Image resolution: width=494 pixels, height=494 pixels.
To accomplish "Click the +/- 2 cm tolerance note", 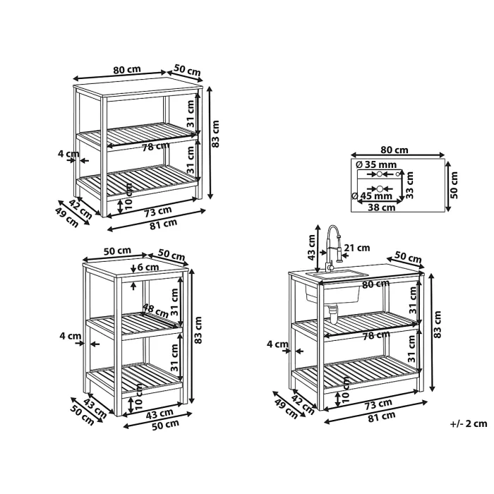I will click(x=469, y=424).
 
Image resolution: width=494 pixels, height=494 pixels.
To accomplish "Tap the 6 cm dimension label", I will click(x=149, y=267).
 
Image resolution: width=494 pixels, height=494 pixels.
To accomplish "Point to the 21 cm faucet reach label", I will click(x=358, y=248).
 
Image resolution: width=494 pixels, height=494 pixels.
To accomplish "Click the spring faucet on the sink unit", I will click(x=334, y=247).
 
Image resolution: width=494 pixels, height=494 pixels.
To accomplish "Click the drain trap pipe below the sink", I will click(x=332, y=311).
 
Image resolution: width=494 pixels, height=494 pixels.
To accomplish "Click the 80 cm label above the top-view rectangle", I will click(x=395, y=150).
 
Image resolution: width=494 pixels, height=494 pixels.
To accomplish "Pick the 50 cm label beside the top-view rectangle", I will click(x=454, y=184).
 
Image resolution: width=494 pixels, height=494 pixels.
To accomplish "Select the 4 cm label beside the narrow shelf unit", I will click(x=71, y=337).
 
